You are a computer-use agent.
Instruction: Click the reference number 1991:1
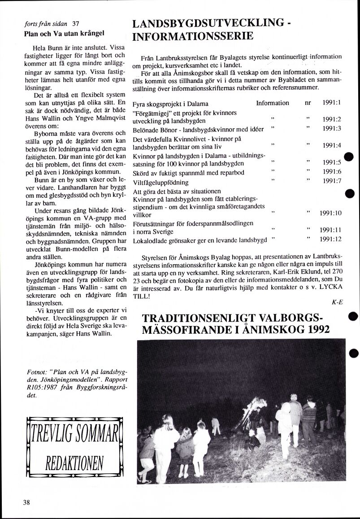(332, 103)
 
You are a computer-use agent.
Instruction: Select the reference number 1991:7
(332, 181)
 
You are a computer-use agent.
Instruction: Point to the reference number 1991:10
(331, 213)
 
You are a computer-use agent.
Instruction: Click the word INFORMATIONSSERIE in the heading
(193, 36)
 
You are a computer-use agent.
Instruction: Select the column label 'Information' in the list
(272, 103)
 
